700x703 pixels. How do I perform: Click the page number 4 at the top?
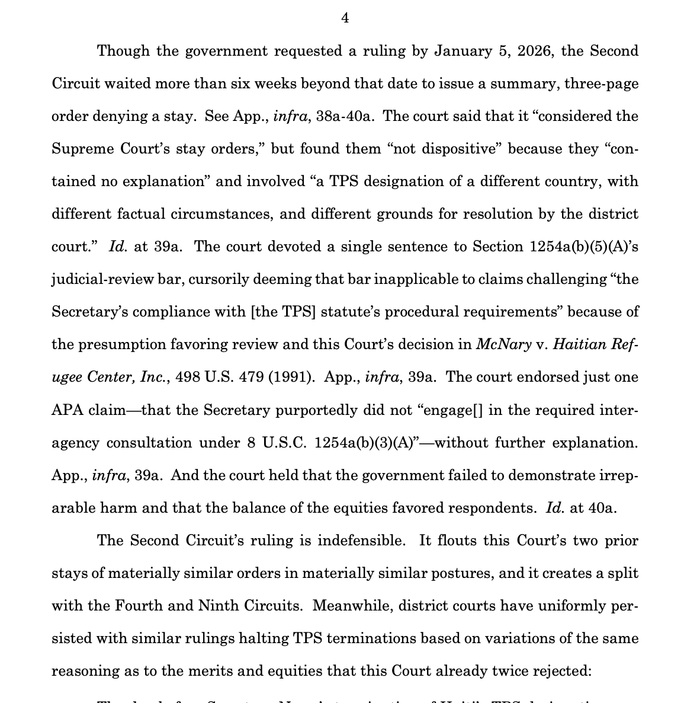pyautogui.click(x=345, y=18)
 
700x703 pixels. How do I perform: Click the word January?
pyautogui.click(x=460, y=51)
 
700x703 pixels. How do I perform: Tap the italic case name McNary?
pyautogui.click(x=503, y=344)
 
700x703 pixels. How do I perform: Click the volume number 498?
pyautogui.click(x=188, y=377)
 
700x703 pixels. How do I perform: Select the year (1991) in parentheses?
pyautogui.click(x=291, y=377)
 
